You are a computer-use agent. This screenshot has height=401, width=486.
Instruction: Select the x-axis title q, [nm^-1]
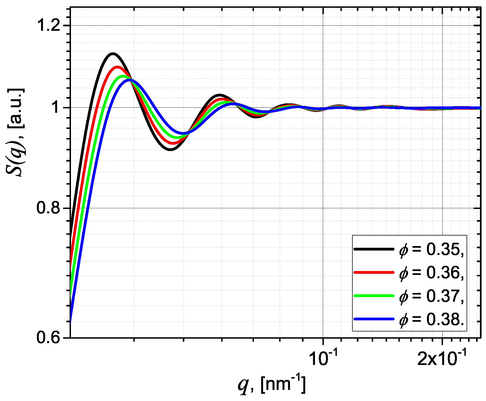click(272, 384)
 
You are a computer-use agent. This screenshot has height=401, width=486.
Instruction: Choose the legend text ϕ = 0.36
click(431, 273)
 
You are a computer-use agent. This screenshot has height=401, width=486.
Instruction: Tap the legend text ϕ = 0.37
click(431, 296)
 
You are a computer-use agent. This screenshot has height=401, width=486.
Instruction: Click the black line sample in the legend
click(374, 249)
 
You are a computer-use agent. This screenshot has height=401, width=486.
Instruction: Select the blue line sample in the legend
click(374, 319)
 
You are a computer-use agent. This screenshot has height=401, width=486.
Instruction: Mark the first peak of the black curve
click(113, 53)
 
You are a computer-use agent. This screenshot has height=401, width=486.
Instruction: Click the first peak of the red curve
click(117, 67)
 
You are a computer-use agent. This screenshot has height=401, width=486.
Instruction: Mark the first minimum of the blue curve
click(182, 134)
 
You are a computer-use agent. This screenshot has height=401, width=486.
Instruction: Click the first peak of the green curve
click(123, 76)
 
